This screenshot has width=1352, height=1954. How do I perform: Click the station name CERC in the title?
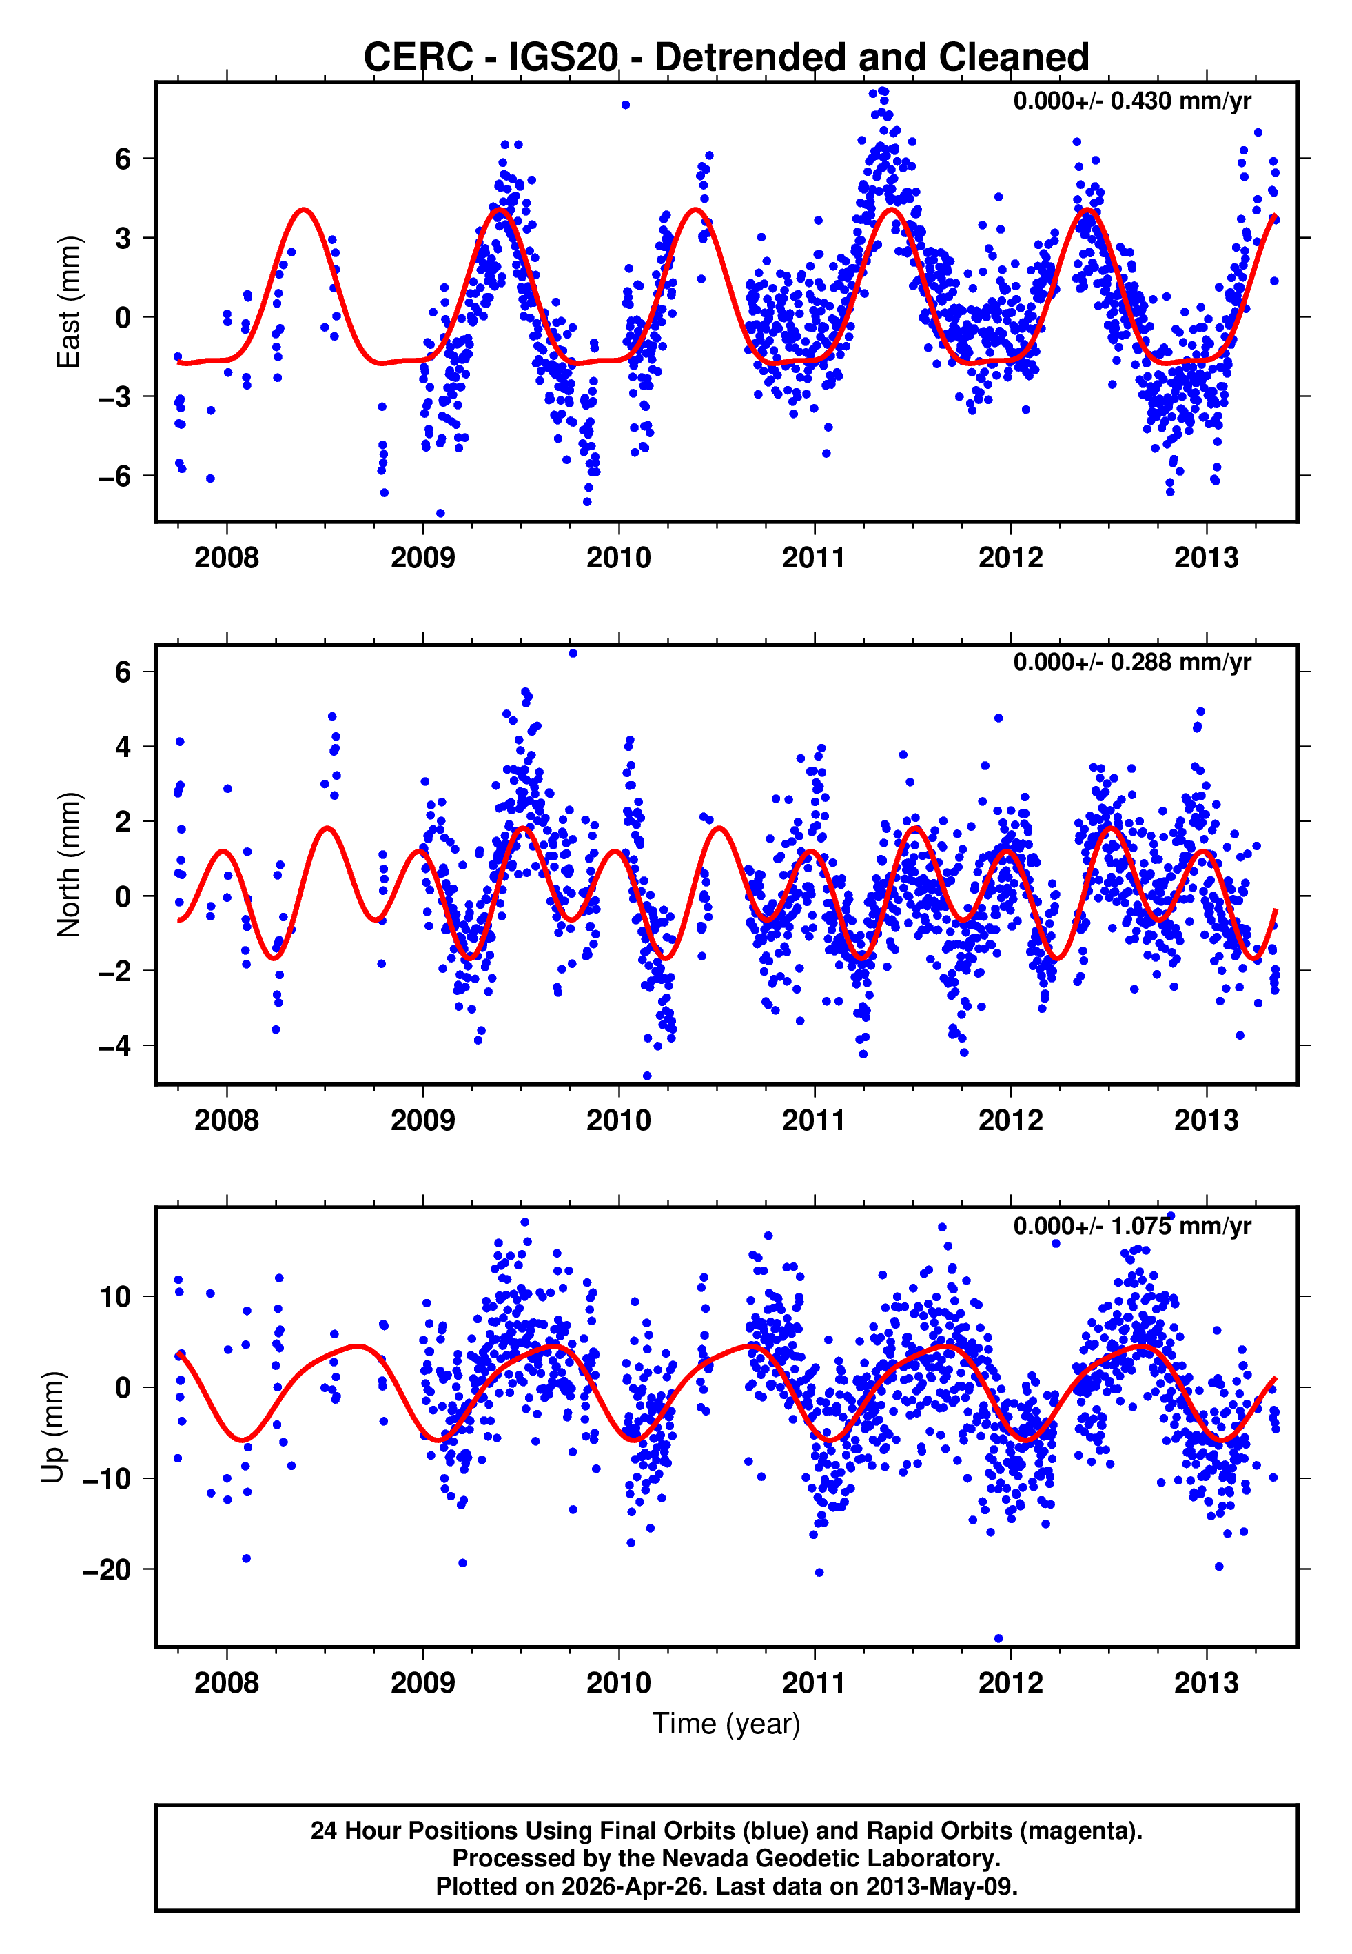tap(418, 58)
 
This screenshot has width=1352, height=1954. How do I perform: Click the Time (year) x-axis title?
tap(726, 1724)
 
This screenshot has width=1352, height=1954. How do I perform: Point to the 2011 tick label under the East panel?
tap(813, 558)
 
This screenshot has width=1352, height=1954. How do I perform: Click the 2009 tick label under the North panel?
tap(422, 1120)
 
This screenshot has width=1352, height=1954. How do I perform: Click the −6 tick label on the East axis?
tap(114, 476)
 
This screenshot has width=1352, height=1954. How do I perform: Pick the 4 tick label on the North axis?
tap(123, 747)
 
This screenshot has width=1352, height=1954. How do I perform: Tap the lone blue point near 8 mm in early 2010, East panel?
tap(625, 105)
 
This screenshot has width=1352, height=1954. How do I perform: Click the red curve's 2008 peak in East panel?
tap(303, 210)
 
